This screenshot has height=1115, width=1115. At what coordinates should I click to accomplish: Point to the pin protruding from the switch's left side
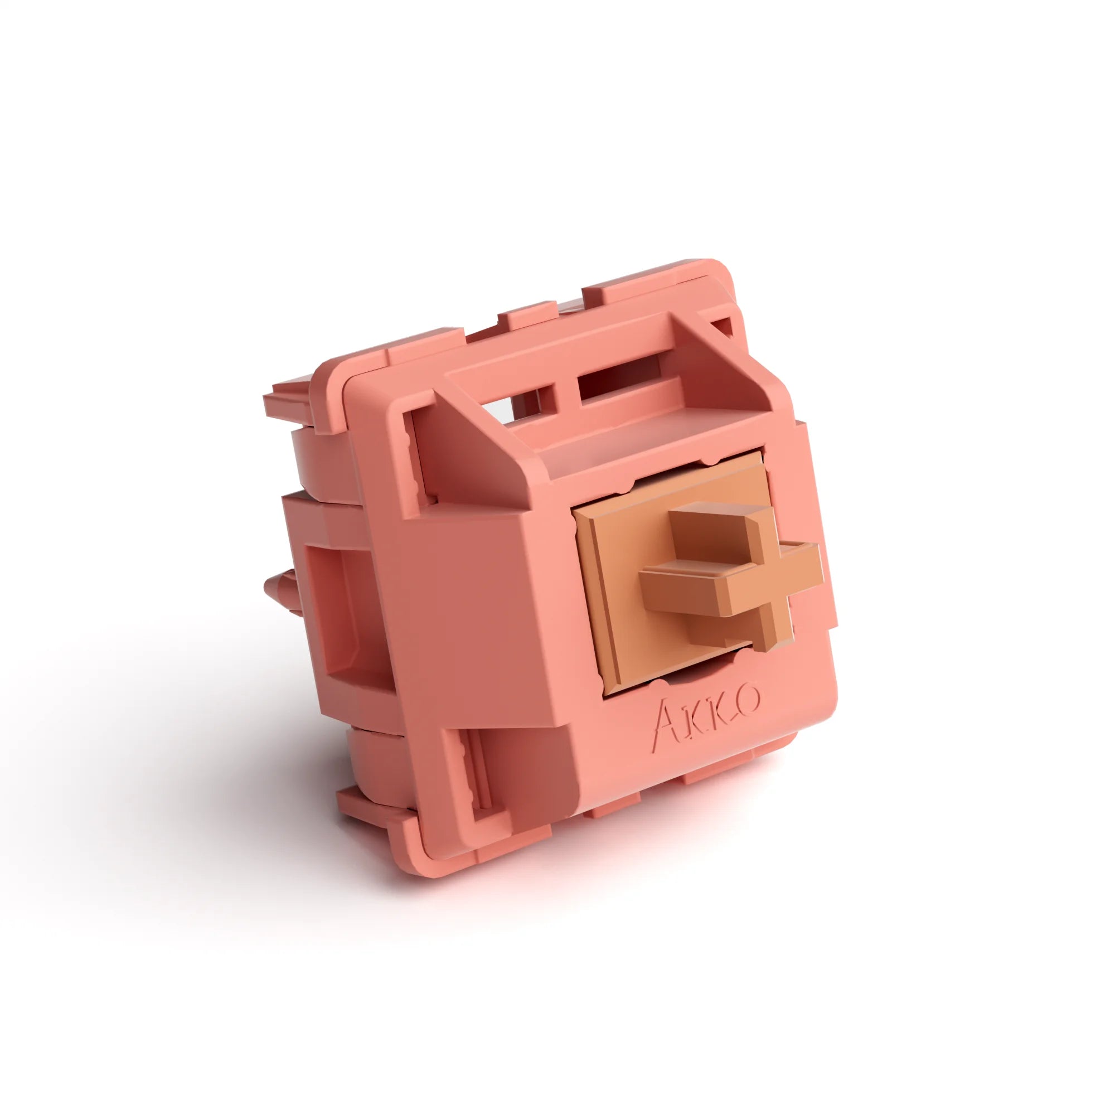pos(277,594)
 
